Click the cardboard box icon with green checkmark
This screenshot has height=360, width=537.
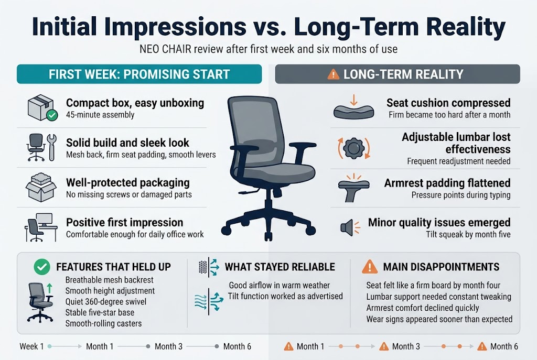(41, 108)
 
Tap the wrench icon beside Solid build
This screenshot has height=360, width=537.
(51, 147)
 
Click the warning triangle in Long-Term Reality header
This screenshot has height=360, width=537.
(333, 74)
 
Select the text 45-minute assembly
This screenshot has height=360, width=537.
(100, 115)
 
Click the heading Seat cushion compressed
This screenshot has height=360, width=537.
(448, 103)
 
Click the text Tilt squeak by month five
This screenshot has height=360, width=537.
(468, 234)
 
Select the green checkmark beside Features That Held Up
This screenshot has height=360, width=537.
(42, 267)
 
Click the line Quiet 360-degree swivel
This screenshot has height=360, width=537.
(106, 301)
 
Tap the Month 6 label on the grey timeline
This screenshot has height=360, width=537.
(237, 346)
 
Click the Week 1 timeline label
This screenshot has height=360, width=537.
(32, 346)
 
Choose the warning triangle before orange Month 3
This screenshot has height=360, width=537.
(384, 346)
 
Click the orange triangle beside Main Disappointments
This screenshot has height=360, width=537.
(369, 267)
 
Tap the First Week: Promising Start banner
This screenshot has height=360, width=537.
(139, 74)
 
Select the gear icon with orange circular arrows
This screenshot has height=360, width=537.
(352, 149)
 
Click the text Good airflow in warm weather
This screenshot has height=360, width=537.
(280, 286)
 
